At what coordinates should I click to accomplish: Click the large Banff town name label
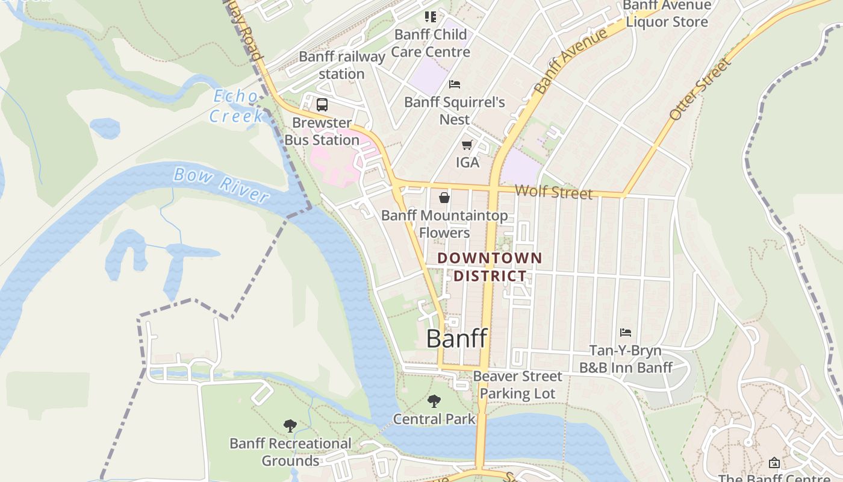pyautogui.click(x=456, y=339)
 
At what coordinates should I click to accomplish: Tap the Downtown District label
pyautogui.click(x=490, y=267)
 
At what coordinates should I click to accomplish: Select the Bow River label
pyautogui.click(x=221, y=185)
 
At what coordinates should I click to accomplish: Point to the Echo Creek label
pyautogui.click(x=237, y=106)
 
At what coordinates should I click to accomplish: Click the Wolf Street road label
pyautogui.click(x=554, y=192)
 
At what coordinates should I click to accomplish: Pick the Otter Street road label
pyautogui.click(x=700, y=89)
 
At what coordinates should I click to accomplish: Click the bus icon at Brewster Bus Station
pyautogui.click(x=322, y=104)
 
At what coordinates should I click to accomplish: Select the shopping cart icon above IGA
pyautogui.click(x=467, y=145)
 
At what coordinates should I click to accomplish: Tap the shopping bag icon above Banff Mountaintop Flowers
pyautogui.click(x=444, y=197)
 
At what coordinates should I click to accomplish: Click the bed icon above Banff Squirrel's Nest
pyautogui.click(x=455, y=84)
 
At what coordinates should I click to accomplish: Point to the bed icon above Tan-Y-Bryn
pyautogui.click(x=626, y=333)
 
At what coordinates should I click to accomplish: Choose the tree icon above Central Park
pyautogui.click(x=434, y=401)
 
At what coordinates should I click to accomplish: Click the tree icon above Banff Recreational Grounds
pyautogui.click(x=290, y=426)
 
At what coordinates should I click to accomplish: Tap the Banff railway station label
pyautogui.click(x=342, y=65)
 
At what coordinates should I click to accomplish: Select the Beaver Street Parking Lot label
pyautogui.click(x=517, y=385)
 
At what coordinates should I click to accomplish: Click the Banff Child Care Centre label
pyautogui.click(x=431, y=43)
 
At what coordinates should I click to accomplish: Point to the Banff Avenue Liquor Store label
pyautogui.click(x=667, y=14)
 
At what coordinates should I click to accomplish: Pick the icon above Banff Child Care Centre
pyautogui.click(x=430, y=17)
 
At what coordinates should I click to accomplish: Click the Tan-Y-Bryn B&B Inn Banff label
pyautogui.click(x=626, y=359)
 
